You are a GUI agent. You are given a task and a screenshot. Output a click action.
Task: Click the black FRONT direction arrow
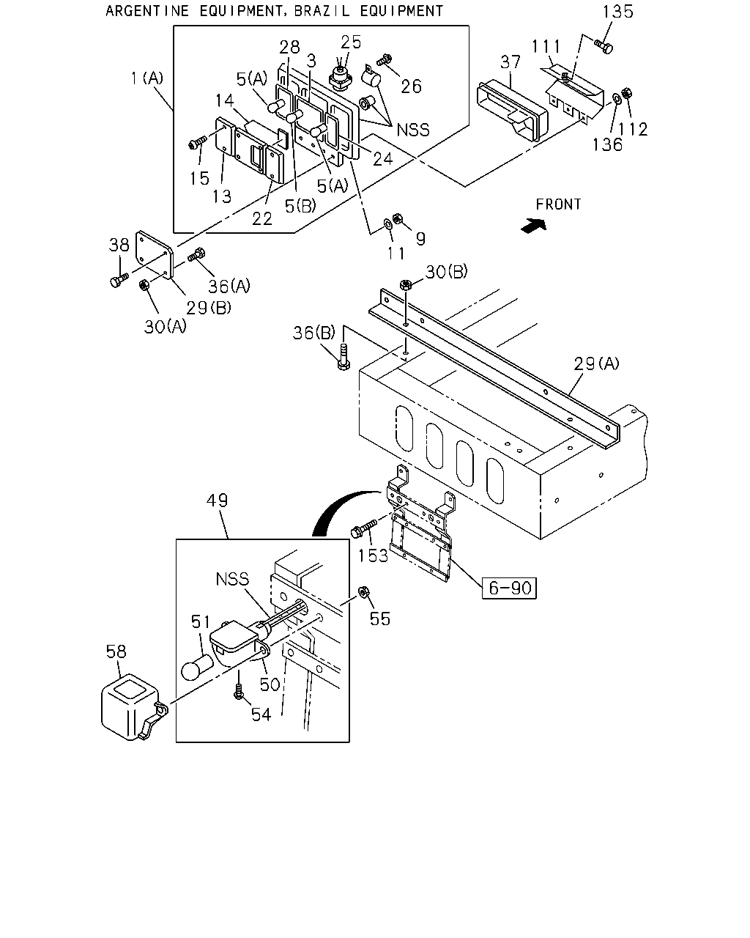[x=534, y=226]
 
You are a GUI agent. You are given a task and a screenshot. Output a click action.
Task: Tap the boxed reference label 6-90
[x=509, y=588]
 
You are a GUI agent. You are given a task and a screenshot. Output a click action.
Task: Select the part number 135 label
[x=617, y=12]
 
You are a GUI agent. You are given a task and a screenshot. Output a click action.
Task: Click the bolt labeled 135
[x=604, y=45]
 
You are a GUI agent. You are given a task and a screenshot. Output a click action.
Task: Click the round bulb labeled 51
[x=196, y=668]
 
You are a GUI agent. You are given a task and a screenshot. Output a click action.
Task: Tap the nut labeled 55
[x=363, y=592]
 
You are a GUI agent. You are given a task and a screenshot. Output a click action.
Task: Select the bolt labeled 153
[x=363, y=528]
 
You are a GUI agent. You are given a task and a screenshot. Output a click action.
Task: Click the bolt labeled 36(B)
[x=344, y=358]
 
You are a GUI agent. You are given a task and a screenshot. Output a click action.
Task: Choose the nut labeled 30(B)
[x=406, y=285]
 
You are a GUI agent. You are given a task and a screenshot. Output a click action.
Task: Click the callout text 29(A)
[x=596, y=363]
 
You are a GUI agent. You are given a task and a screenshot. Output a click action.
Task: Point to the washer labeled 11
[x=387, y=225]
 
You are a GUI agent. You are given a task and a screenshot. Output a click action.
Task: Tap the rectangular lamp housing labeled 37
[x=512, y=110]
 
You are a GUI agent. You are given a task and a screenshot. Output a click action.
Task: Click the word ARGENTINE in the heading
[x=147, y=11]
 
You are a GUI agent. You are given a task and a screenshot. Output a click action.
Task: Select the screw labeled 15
[x=198, y=142]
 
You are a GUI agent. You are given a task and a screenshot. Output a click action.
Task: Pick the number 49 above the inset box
[x=217, y=500]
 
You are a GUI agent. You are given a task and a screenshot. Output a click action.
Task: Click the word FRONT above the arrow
[x=558, y=204]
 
